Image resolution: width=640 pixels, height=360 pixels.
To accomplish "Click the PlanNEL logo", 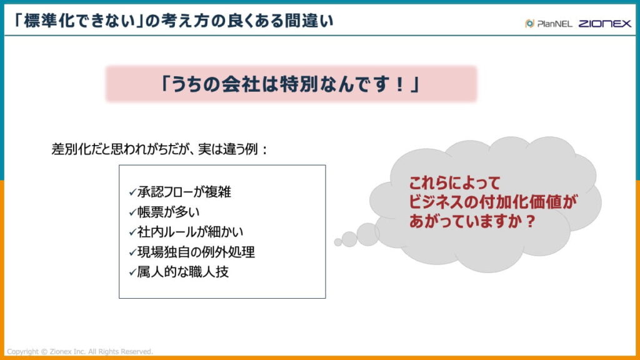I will (547, 24).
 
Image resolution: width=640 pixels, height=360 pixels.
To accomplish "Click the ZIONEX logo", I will (604, 24).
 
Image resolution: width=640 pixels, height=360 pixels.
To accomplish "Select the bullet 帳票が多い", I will (168, 212).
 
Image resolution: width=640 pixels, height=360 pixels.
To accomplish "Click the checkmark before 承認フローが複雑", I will (132, 192).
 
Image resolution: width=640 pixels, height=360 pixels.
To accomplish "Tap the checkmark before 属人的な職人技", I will (132, 272).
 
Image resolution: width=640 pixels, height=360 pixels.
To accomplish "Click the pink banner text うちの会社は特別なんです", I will (291, 84).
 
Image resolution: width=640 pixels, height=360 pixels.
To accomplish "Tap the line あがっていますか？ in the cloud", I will (472, 221).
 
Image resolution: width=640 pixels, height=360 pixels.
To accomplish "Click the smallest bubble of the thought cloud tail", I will (338, 242).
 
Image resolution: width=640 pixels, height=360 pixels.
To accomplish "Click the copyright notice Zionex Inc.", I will (79, 351).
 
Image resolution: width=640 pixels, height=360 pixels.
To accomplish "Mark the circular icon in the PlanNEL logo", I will (529, 24).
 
